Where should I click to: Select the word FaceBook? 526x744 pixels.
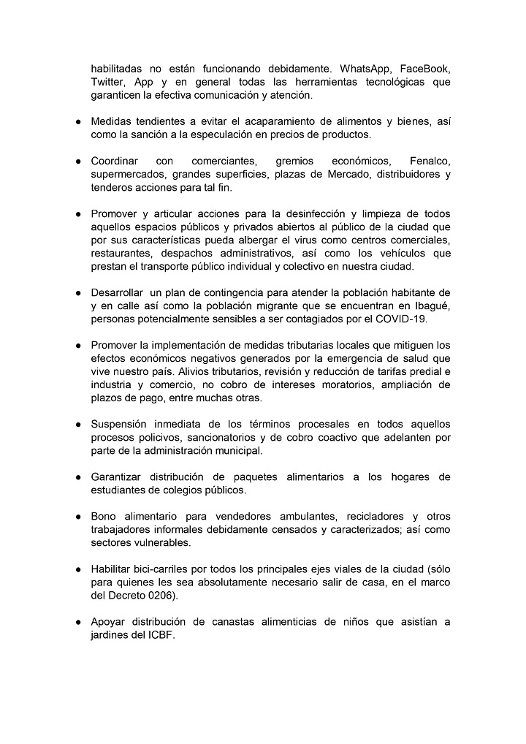click(423, 68)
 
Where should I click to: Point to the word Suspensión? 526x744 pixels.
click(119, 425)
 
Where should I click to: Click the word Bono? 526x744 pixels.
click(104, 517)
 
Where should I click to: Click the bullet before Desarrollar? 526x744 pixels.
click(77, 293)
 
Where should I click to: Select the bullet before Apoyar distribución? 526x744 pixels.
click(77, 622)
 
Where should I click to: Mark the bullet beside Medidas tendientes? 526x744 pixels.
click(77, 121)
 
